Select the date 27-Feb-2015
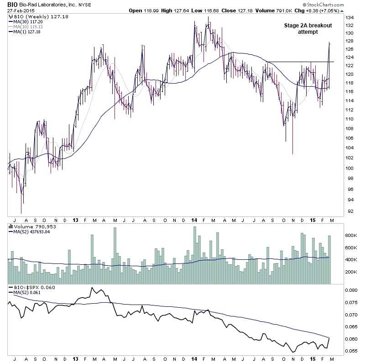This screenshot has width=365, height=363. pos(20,10)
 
